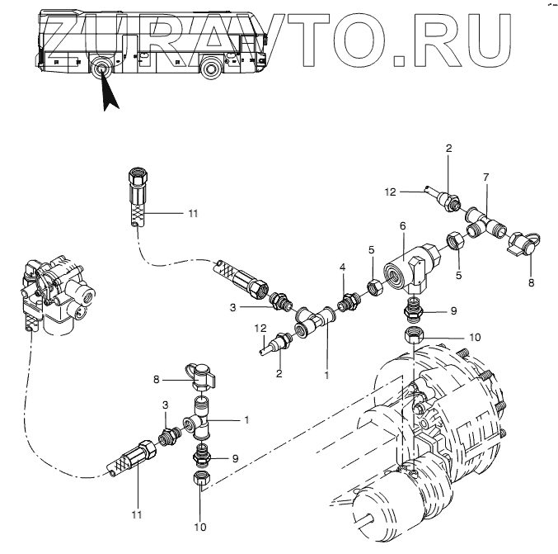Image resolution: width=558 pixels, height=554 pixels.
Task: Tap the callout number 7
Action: (x=485, y=178)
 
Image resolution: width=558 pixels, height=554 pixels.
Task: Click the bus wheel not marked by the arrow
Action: (x=213, y=67)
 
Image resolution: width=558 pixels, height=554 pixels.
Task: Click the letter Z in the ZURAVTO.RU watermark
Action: (x=68, y=36)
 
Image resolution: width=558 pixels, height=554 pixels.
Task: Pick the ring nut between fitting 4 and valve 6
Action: (x=372, y=286)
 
